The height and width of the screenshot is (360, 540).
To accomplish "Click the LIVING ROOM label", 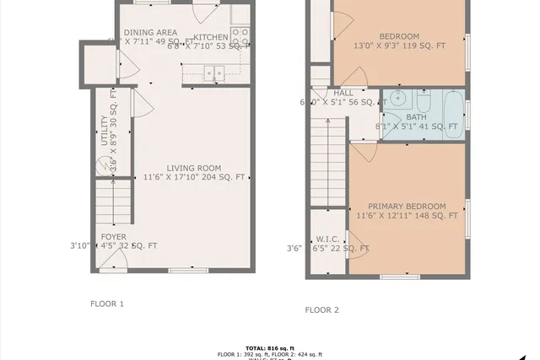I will click(x=193, y=168).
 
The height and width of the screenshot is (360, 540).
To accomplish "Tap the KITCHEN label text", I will click(x=210, y=37).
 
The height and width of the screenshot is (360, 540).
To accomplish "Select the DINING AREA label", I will click(x=150, y=33).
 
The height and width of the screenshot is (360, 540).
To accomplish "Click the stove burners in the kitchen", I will click(x=240, y=37).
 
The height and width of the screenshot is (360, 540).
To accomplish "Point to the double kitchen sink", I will click(x=211, y=74).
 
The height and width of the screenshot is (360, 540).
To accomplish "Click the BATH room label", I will click(x=416, y=117).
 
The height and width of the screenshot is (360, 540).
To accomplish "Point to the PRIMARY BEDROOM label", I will click(x=407, y=207).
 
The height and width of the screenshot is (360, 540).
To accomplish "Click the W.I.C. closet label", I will click(x=327, y=239).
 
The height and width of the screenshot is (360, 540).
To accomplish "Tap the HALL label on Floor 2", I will click(x=343, y=93).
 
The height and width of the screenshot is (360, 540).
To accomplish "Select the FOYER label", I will click(x=114, y=236).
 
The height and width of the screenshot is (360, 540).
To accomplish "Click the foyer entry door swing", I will click(x=113, y=263).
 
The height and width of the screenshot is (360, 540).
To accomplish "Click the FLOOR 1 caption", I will click(x=107, y=303).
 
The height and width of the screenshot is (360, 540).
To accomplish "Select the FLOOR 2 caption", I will click(x=321, y=309).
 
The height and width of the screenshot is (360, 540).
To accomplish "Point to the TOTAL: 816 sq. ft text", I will click(x=269, y=347).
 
